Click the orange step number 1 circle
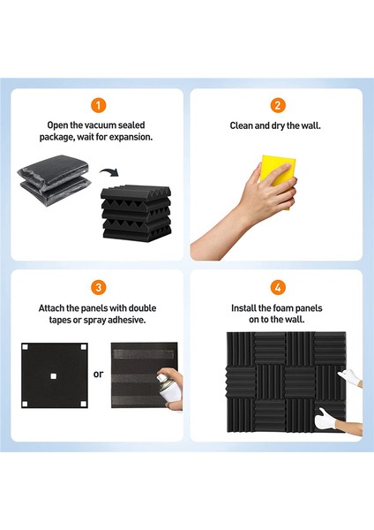click(x=99, y=105)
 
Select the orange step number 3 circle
click(x=99, y=286)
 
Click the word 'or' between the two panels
click(x=98, y=374)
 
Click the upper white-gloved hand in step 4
click(x=340, y=375)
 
